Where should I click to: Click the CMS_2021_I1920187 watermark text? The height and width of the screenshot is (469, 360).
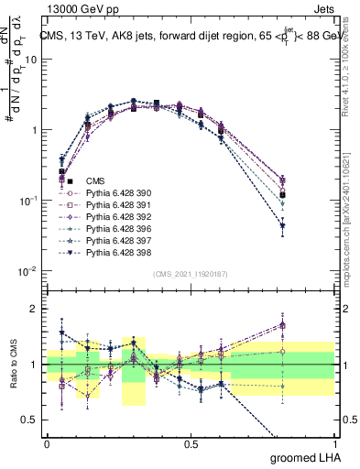coord(190,274)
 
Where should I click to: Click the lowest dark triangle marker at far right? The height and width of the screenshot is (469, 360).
coord(308,225)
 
